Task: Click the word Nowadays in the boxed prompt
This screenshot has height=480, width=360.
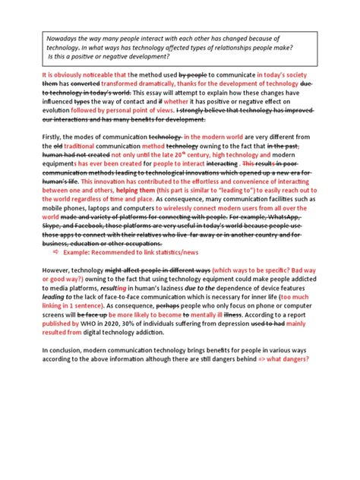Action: [62, 36]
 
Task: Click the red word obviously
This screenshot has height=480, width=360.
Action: [63, 75]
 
